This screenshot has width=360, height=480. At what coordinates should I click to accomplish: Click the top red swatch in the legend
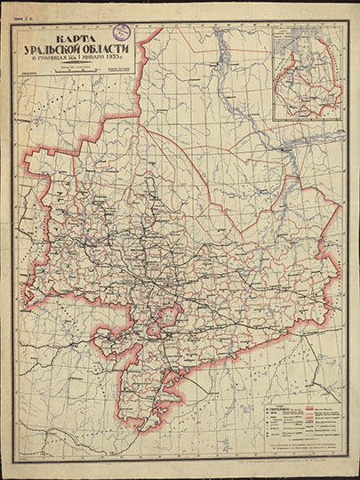click(290, 404)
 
